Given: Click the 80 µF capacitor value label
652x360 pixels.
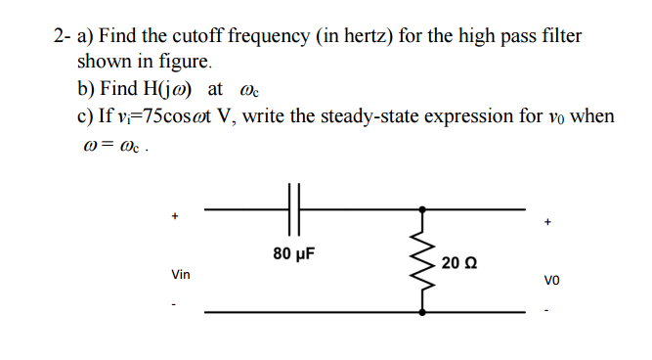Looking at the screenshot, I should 293,254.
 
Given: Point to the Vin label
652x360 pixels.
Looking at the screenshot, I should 181,275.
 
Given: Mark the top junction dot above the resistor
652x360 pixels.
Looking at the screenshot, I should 423,208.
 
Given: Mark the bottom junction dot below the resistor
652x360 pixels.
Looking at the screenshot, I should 423,312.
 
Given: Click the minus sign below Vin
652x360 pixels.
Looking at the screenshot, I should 176,302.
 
